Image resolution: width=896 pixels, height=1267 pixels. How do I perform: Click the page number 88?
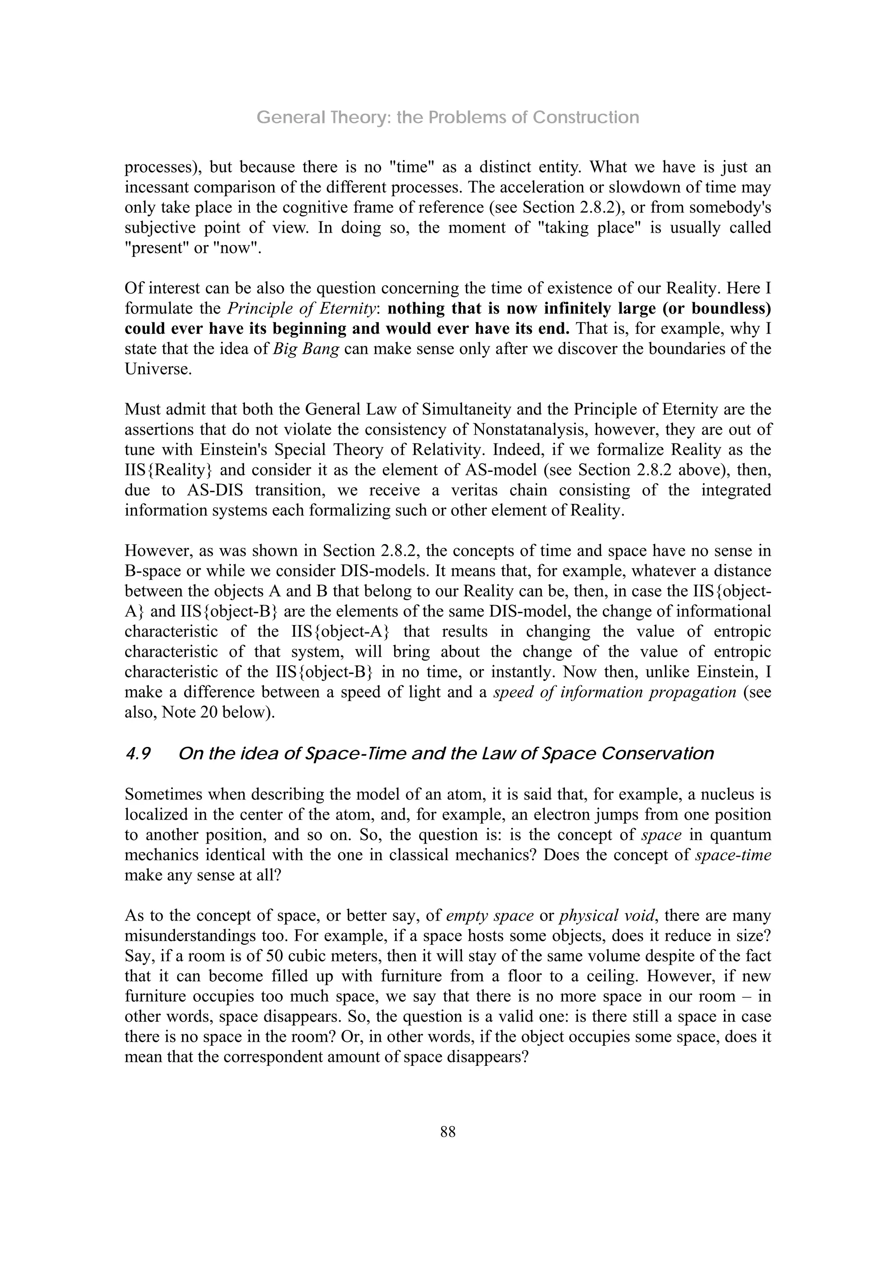pyautogui.click(x=448, y=1132)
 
